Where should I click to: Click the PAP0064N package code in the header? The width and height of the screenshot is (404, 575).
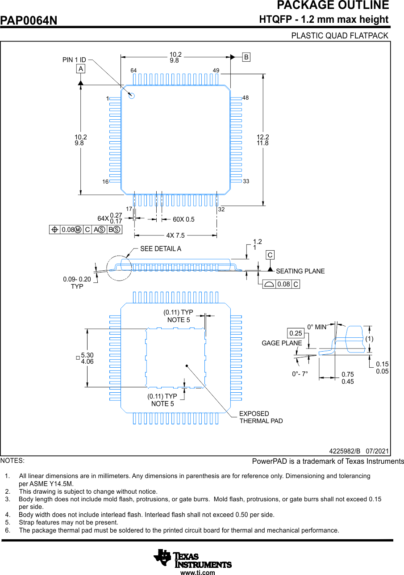tap(29, 21)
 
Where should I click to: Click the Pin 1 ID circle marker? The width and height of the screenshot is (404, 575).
tap(132, 95)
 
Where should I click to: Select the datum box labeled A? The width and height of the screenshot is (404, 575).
tap(80, 69)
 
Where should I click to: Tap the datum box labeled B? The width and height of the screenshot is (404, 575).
tap(246, 57)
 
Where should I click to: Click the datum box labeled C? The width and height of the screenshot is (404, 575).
tap(270, 255)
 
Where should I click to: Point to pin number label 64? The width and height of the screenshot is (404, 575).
tap(133, 71)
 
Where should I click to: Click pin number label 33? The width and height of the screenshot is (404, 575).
tap(246, 181)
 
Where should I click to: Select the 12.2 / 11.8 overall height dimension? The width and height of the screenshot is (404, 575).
tap(262, 140)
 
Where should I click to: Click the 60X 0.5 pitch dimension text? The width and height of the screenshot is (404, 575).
tap(183, 219)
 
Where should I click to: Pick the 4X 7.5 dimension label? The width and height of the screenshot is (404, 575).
tap(175, 235)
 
